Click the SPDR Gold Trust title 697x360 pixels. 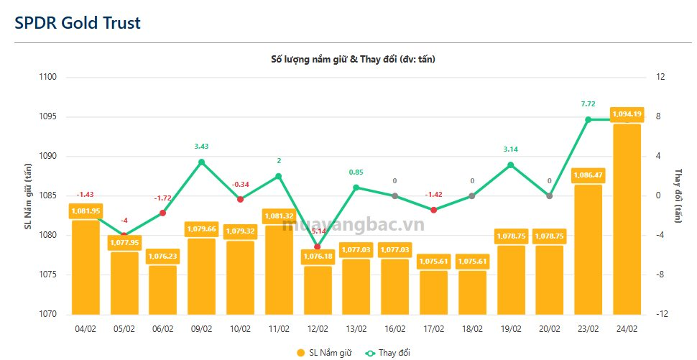[78, 22]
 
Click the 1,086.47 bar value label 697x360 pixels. [588, 175]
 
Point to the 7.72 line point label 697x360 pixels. [588, 104]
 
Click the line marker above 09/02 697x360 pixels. [201, 162]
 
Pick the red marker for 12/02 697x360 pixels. [318, 246]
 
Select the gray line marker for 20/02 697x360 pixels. [550, 195]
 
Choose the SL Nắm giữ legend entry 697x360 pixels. [323, 352]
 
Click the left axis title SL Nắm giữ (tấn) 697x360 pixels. [29, 195]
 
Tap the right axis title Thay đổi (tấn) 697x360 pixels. [678, 195]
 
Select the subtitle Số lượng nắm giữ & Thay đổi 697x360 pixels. [348, 59]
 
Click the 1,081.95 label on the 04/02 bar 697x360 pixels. [85, 211]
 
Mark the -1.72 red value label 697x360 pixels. [162, 198]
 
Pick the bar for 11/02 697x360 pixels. [279, 269]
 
